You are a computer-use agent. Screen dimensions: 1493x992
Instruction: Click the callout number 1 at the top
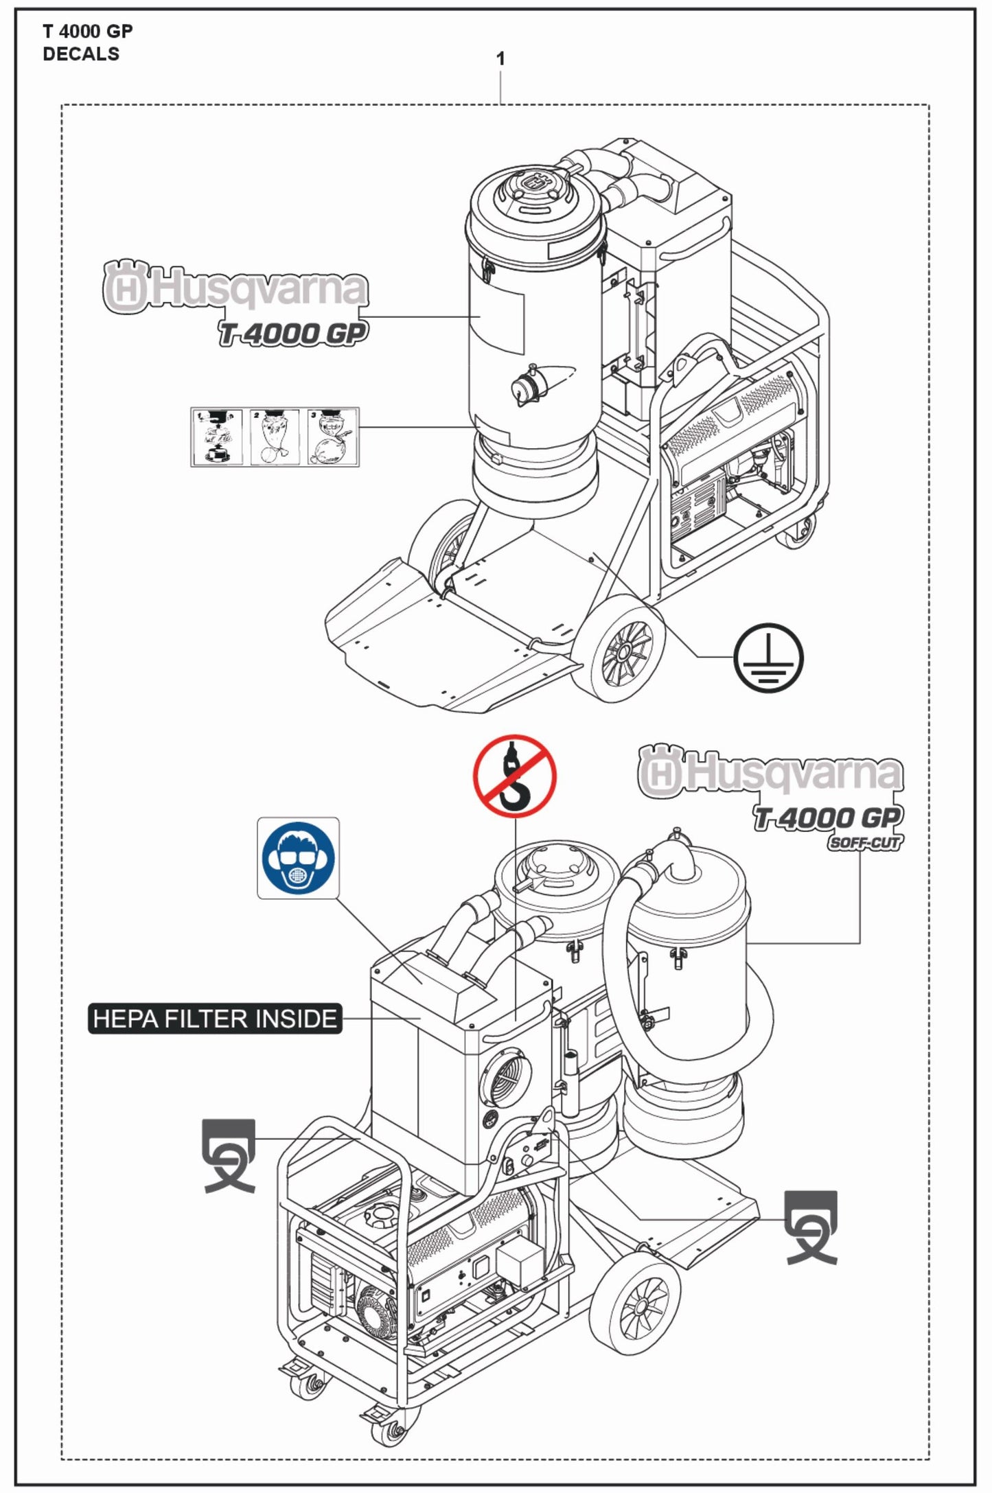click(x=500, y=59)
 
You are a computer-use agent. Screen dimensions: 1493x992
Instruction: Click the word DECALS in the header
click(x=81, y=54)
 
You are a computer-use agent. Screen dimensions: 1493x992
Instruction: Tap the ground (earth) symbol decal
click(x=768, y=658)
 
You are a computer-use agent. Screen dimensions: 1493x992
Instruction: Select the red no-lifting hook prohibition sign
click(x=514, y=776)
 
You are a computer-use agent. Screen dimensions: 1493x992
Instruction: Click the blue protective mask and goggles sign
click(x=298, y=857)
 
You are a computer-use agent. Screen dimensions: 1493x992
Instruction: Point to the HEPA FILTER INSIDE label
click(x=215, y=1019)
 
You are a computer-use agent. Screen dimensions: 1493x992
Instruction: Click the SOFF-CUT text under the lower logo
click(x=864, y=843)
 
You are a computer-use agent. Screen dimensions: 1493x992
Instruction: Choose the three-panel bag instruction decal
click(x=275, y=437)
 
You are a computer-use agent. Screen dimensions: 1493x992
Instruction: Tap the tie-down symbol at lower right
click(x=811, y=1227)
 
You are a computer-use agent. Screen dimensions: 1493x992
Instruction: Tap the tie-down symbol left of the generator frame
click(x=229, y=1155)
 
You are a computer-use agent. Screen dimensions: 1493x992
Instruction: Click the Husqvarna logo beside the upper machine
click(x=235, y=288)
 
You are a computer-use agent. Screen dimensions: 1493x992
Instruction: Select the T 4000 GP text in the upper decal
click(x=293, y=334)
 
